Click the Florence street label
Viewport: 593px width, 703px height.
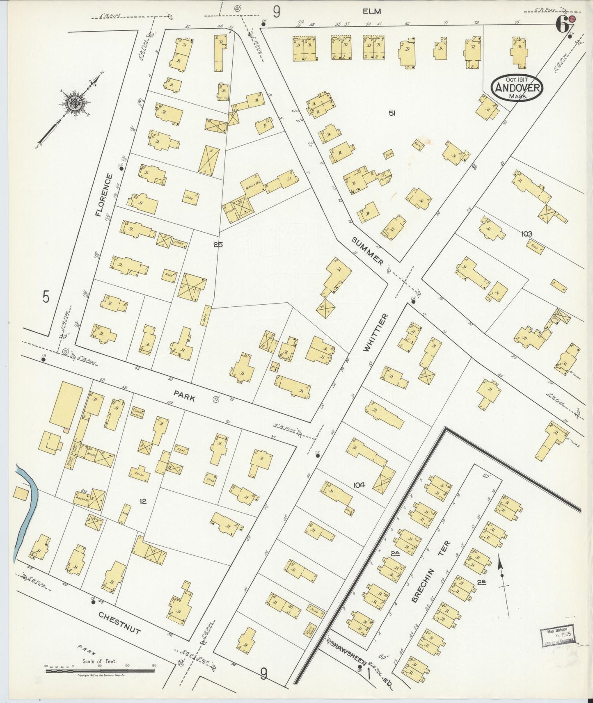tap(103, 194)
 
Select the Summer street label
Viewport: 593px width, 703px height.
tap(368, 251)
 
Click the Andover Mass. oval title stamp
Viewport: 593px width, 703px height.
tap(517, 87)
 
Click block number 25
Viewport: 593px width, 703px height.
tap(218, 244)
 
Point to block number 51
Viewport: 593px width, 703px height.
tap(392, 114)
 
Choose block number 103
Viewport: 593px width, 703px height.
tap(527, 234)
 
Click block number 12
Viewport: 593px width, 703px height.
tap(143, 501)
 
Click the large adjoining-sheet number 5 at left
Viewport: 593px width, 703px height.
tap(46, 297)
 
